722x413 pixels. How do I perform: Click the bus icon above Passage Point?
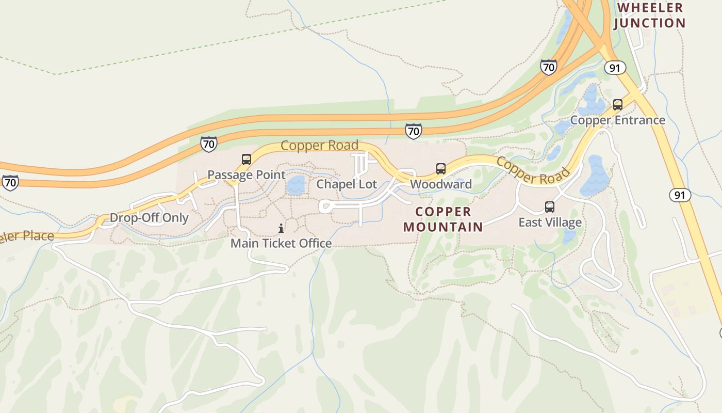[x=247, y=160]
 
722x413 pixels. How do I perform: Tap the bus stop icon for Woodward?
[x=441, y=169]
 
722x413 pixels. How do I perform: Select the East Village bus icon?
[x=550, y=207]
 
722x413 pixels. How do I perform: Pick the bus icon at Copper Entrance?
[x=618, y=105]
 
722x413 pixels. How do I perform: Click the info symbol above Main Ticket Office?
[x=281, y=228]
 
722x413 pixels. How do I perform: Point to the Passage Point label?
[x=247, y=175]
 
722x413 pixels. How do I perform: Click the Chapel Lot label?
[x=347, y=184]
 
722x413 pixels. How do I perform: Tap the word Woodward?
[x=441, y=184]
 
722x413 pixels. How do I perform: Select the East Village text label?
[x=550, y=223]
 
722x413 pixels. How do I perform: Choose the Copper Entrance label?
[x=618, y=120]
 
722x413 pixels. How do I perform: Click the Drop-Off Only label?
[x=150, y=217]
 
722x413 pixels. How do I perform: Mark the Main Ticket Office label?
[x=281, y=243]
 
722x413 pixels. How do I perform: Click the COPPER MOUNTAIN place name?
[x=444, y=219]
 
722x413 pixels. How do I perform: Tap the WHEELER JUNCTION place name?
[x=650, y=15]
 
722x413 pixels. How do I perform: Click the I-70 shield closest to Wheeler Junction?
[x=549, y=67]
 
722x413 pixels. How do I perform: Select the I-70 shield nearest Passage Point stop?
[x=208, y=144]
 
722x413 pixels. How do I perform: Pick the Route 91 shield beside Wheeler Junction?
[x=615, y=68]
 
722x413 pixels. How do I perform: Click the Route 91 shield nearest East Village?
[x=680, y=195]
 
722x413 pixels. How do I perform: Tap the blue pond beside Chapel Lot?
[x=296, y=185]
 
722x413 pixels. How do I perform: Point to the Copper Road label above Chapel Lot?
[x=319, y=146]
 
